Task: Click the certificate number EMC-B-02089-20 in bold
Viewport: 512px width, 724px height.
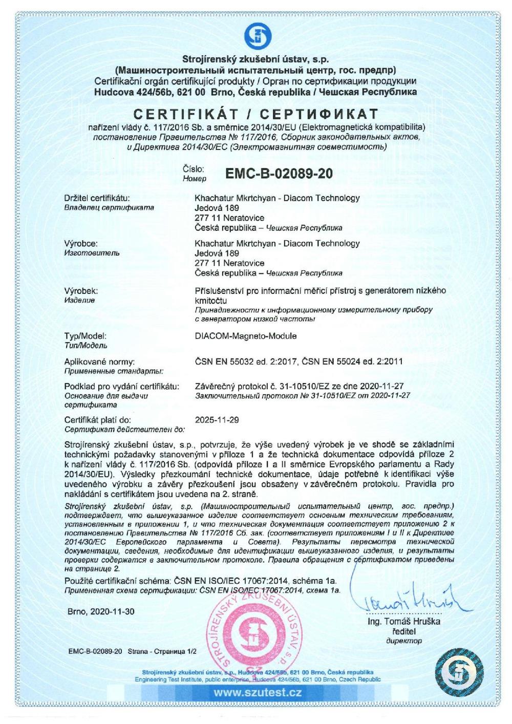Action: (279, 174)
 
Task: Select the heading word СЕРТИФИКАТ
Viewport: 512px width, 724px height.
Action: (318, 114)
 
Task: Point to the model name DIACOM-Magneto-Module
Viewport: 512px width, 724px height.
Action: (246, 336)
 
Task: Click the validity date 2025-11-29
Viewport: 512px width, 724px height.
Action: (217, 420)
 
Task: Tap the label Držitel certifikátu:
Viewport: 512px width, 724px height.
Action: (97, 198)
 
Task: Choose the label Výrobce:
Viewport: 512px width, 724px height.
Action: (81, 244)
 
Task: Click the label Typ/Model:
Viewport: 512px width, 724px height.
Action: (86, 336)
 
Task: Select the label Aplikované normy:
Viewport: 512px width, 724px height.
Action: (99, 361)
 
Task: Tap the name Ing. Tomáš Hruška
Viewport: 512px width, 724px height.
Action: (404, 622)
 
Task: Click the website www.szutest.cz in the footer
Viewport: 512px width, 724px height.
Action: (258, 693)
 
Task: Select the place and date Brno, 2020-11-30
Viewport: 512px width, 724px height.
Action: (101, 611)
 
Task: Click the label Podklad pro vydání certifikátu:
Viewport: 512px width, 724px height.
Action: (121, 386)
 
